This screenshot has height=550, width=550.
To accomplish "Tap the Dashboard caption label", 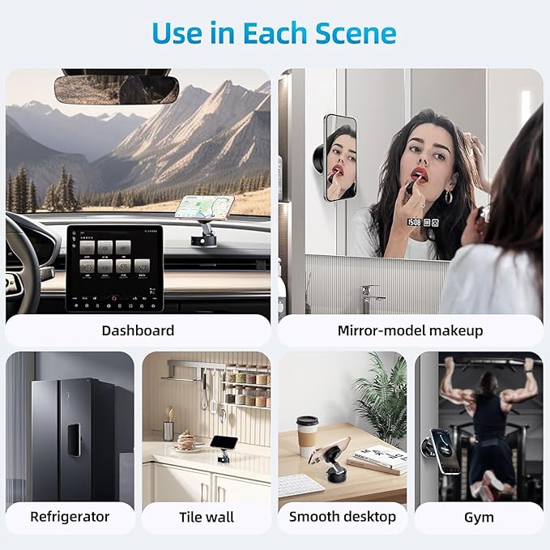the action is [138, 330].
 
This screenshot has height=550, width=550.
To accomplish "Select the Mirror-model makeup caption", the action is [410, 330].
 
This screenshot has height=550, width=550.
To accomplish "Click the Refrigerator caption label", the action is [70, 517].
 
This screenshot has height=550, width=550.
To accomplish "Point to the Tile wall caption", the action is [207, 518].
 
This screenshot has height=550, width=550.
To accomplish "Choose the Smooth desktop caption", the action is [343, 517].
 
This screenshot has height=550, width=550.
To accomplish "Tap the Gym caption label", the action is [479, 518].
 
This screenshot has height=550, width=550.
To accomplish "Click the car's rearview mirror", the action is [117, 89].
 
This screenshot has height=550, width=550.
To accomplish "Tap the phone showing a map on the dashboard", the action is [204, 207].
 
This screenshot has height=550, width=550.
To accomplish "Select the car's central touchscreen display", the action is [115, 268].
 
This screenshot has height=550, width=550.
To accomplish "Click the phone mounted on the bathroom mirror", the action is [339, 158].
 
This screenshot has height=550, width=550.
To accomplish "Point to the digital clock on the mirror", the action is [414, 222].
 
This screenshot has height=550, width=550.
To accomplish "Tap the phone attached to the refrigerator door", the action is [74, 440].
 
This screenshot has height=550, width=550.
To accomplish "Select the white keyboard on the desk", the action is [301, 486].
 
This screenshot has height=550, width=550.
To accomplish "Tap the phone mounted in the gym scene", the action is [446, 451].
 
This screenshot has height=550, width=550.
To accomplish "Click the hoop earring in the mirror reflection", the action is [449, 198].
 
